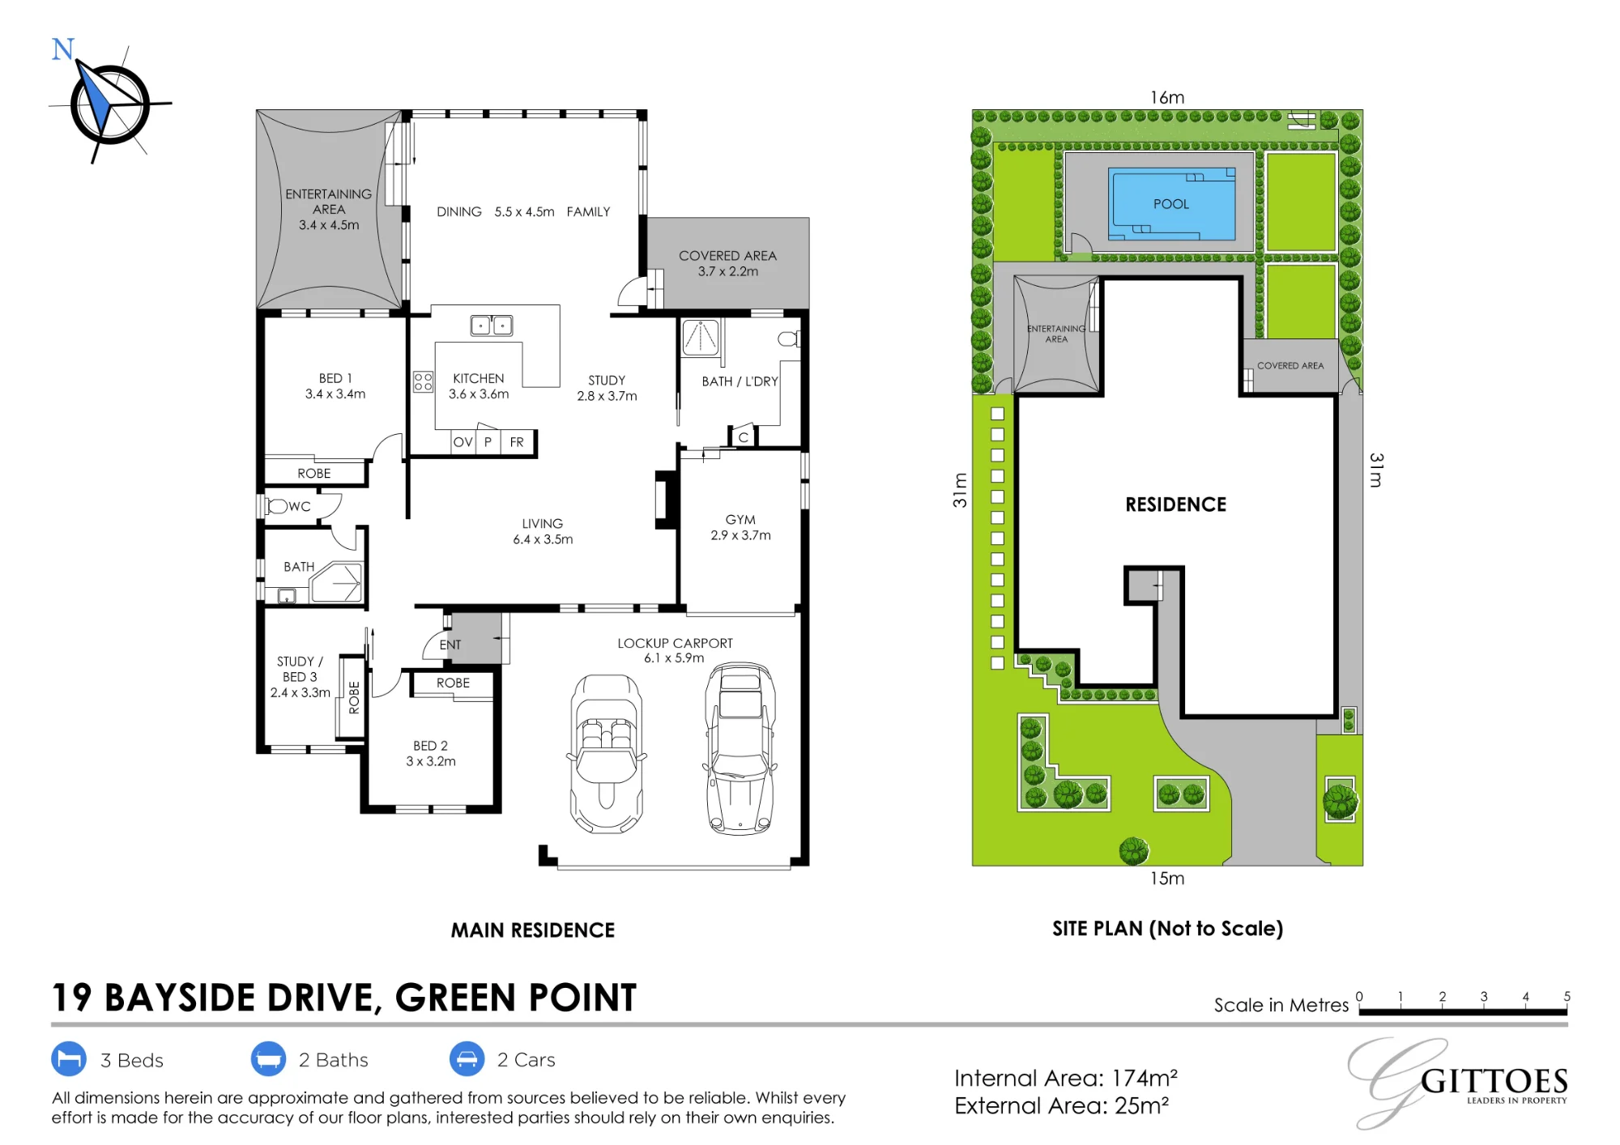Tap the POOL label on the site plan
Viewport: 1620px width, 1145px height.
coord(1171,204)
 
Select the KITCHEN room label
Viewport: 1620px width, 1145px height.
coord(478,378)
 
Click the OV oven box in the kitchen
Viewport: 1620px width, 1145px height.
coord(463,442)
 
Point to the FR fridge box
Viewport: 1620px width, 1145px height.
coord(517,442)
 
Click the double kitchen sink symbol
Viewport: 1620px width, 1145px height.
coord(492,326)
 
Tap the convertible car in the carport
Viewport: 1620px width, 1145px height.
coord(607,754)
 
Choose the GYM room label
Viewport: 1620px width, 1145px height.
coord(740,520)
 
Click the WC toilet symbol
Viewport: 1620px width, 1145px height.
coord(277,506)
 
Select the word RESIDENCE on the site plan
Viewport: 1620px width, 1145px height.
coord(1175,504)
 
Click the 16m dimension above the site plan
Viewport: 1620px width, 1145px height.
coord(1167,97)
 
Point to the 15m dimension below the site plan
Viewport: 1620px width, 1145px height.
coord(1167,879)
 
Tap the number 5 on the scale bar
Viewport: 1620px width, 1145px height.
coord(1567,996)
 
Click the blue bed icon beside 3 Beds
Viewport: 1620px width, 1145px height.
coord(69,1059)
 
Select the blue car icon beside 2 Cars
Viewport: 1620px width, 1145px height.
coord(467,1059)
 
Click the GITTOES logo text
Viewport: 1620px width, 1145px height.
coord(1494,1082)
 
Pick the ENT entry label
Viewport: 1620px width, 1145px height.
coord(450,645)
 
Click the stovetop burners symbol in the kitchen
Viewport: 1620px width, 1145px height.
coord(423,381)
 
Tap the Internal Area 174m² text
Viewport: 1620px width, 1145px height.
coord(1066,1078)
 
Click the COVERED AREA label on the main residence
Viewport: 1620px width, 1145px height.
coord(727,256)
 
